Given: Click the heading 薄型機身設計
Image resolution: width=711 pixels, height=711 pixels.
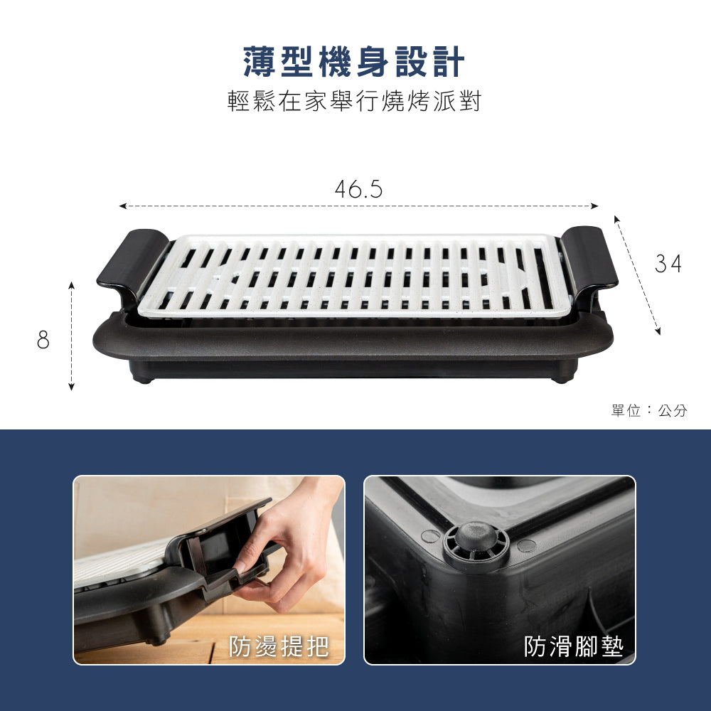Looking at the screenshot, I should (x=353, y=63).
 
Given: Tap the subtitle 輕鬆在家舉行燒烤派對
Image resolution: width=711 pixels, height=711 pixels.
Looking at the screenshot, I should (x=354, y=102).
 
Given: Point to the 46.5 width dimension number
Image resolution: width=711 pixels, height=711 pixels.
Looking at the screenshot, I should (x=358, y=189).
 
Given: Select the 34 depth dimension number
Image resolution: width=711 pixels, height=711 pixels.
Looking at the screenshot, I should (x=668, y=264).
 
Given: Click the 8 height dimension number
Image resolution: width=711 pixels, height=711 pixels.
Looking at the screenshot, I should (x=43, y=341).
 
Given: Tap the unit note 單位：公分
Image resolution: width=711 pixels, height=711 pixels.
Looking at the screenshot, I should (x=648, y=411).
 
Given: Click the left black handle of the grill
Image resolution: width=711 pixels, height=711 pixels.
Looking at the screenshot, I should (x=132, y=260).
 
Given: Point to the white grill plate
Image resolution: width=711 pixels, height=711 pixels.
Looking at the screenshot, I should (x=353, y=276).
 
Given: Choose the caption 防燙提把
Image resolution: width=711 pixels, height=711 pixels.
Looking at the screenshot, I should (x=279, y=646).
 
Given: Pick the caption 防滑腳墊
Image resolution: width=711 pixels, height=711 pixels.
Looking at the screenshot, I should (x=573, y=646).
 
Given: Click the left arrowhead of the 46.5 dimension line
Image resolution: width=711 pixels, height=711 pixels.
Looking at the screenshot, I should (x=122, y=206).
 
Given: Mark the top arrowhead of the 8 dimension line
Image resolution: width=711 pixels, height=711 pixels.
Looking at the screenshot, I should (x=72, y=284).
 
